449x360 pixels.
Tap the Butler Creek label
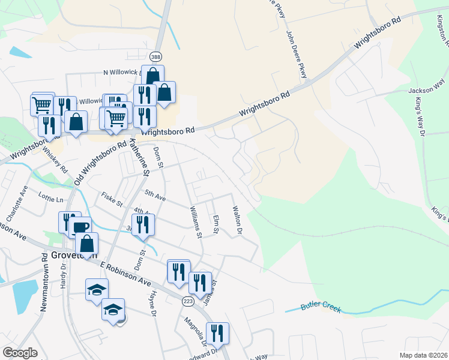pyautogui.click(x=321, y=308)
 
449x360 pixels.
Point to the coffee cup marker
pyautogui.click(x=80, y=227)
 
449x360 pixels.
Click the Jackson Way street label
pyautogui.click(x=424, y=90)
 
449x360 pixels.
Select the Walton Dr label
pyautogui.click(x=237, y=220)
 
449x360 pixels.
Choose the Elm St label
pyautogui.click(x=216, y=225)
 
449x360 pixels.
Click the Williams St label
pyautogui.click(x=195, y=220)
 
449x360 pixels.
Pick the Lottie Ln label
pyautogui.click(x=52, y=199)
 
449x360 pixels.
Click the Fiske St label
pyautogui.click(x=112, y=197)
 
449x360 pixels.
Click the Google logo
pyautogui.click(x=20, y=353)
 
